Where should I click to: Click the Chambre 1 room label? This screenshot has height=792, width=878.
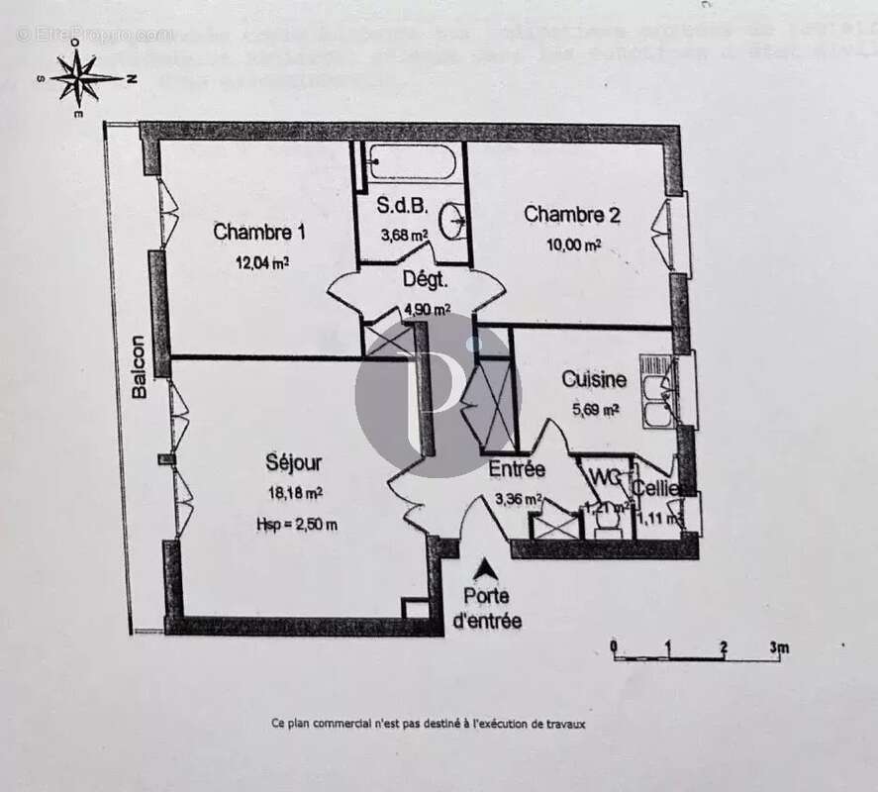click(x=259, y=233)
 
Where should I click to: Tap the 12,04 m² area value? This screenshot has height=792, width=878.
click(x=261, y=262)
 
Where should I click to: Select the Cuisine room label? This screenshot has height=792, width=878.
click(x=594, y=379)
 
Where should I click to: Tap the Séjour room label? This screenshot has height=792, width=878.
click(x=293, y=462)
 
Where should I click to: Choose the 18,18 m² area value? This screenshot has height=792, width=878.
click(x=293, y=492)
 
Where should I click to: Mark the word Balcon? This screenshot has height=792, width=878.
click(x=140, y=367)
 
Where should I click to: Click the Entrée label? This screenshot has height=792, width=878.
click(x=517, y=470)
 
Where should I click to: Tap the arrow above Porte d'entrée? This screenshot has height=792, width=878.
click(x=486, y=568)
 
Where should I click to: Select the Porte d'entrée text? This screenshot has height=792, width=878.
click(x=486, y=609)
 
